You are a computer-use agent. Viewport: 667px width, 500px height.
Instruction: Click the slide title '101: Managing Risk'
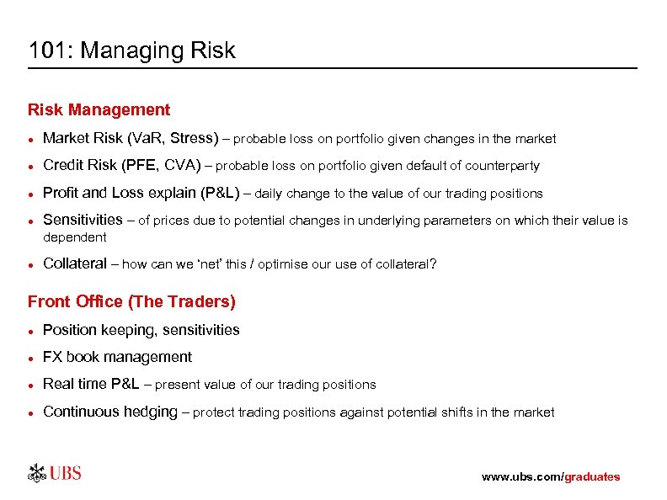pyautogui.click(x=132, y=51)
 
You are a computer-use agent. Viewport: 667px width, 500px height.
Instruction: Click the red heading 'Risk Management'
pyautogui.click(x=99, y=109)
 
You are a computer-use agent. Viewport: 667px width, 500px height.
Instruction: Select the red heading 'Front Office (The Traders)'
pyautogui.click(x=131, y=301)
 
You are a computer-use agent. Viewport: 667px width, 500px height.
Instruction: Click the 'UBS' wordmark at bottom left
pyautogui.click(x=66, y=473)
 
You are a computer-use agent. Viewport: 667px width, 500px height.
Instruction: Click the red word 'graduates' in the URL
pyautogui.click(x=591, y=476)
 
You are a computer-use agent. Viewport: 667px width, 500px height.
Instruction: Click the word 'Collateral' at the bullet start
pyautogui.click(x=74, y=263)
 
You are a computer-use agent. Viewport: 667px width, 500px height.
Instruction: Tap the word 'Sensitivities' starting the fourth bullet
pyautogui.click(x=83, y=220)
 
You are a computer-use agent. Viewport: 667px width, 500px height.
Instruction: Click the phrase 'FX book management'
pyautogui.click(x=117, y=357)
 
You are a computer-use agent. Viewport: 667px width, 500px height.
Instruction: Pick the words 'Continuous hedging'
pyautogui.click(x=109, y=412)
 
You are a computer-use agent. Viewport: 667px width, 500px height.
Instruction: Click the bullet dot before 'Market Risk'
pyautogui.click(x=31, y=138)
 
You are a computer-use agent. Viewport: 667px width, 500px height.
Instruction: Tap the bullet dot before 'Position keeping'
pyautogui.click(x=31, y=331)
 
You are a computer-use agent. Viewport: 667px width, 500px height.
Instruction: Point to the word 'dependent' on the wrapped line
pyautogui.click(x=74, y=237)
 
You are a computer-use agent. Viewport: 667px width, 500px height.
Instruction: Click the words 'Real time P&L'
pyautogui.click(x=91, y=384)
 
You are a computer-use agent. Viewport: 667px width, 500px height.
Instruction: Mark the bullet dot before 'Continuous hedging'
pyautogui.click(x=31, y=412)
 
